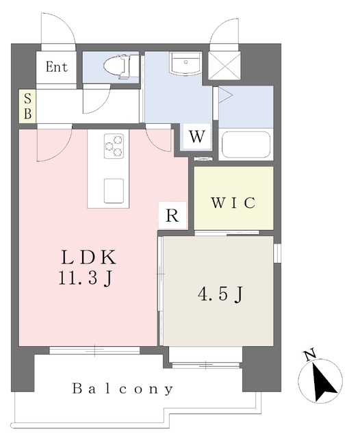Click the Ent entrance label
pos(57,67)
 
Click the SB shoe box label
pos(27,107)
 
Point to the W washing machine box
pos(197,136)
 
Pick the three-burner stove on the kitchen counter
pos(114,146)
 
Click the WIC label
pos(233,203)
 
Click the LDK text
pos(91,259)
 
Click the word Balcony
pos(123,389)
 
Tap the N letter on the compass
pos(309,355)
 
